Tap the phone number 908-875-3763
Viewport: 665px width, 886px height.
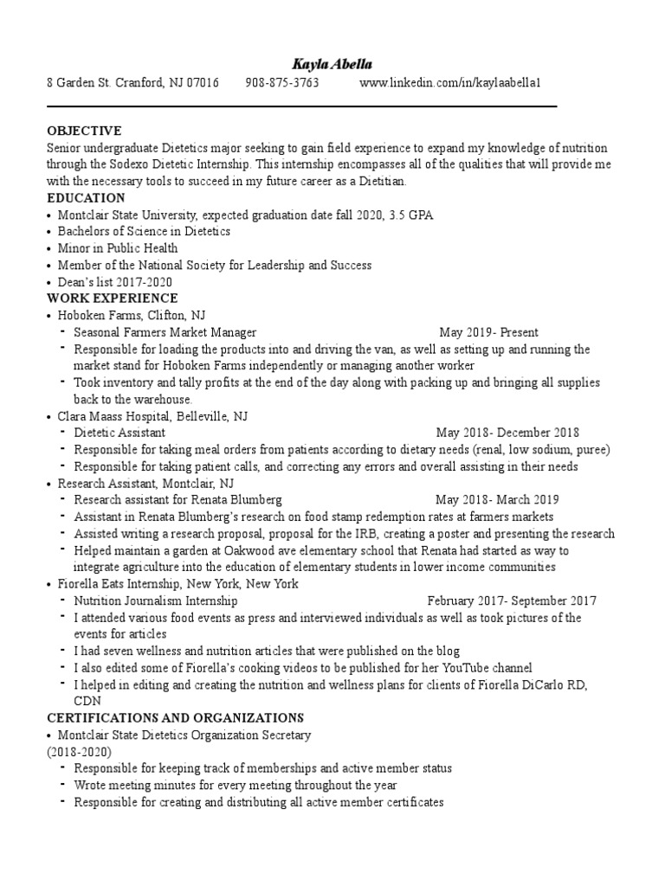(282, 83)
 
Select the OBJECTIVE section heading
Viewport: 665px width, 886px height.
(84, 131)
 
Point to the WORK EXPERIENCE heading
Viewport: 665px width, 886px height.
(113, 299)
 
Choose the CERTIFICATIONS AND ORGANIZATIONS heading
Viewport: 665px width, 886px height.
(175, 718)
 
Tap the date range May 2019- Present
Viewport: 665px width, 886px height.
(488, 332)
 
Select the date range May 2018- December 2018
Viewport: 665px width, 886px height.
(507, 433)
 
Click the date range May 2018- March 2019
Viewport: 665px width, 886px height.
(497, 500)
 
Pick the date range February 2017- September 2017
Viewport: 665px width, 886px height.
(512, 600)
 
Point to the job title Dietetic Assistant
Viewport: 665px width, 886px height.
(119, 433)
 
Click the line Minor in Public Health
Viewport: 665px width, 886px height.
(118, 248)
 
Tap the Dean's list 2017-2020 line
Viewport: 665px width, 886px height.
(115, 282)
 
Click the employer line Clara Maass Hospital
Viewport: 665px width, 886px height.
(152, 416)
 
